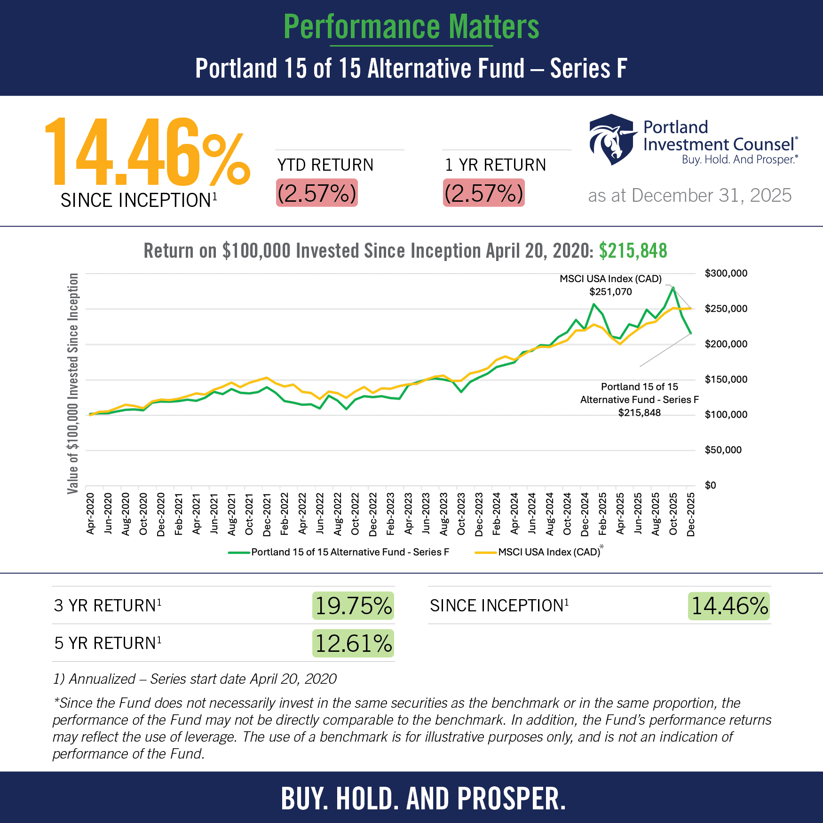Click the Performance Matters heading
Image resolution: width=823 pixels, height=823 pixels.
click(x=411, y=27)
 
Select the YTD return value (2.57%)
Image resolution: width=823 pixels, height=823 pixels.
click(x=317, y=193)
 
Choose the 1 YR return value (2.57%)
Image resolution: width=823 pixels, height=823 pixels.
click(x=483, y=193)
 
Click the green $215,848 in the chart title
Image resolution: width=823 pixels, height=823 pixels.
click(x=633, y=251)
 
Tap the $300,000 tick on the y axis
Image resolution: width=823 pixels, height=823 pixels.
click(x=726, y=273)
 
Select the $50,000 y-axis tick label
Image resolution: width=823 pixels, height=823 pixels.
click(x=723, y=450)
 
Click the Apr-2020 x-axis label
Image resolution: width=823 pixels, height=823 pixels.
click(x=90, y=514)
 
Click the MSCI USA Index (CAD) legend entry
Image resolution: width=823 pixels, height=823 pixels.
click(x=539, y=552)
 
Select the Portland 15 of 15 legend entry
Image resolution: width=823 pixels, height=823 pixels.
click(x=339, y=552)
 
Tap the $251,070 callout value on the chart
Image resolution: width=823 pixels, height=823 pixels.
click(x=610, y=292)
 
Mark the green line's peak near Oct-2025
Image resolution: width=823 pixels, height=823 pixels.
click(x=673, y=287)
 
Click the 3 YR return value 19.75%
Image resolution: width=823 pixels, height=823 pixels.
click(x=353, y=606)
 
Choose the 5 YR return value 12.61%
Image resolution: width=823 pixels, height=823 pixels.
click(x=353, y=643)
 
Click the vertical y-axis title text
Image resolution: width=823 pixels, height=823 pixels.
click(x=73, y=383)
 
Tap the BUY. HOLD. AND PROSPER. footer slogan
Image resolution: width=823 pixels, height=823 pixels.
click(x=423, y=799)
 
